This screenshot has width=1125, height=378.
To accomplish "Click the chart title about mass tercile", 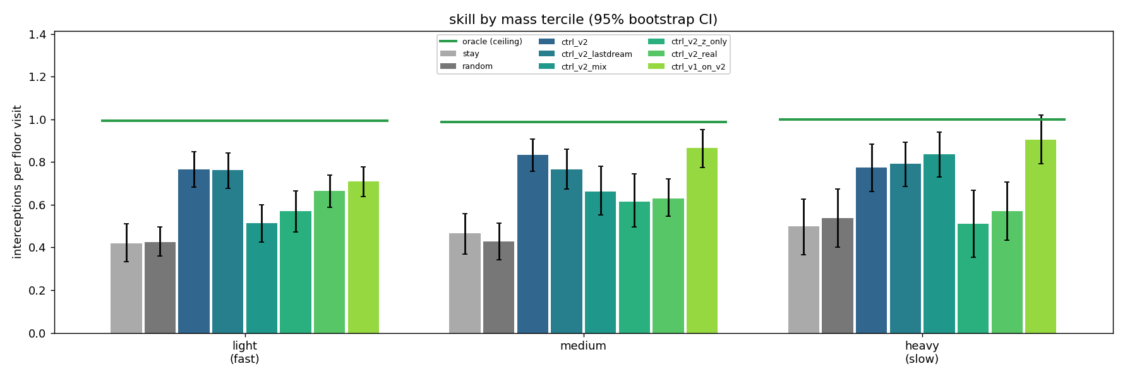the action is point(583,20).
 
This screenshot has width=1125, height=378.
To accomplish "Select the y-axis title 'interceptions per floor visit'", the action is point(17,182).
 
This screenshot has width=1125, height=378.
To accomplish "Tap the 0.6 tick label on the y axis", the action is point(37,205).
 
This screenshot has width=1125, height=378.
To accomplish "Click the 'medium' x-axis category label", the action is point(583,346).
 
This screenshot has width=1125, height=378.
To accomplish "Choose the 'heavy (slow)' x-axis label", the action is point(922,353).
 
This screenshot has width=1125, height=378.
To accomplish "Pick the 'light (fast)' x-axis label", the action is point(244,353).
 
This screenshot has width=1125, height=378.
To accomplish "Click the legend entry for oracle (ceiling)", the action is point(481,42).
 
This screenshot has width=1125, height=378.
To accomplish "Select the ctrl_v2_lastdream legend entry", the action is point(585,54).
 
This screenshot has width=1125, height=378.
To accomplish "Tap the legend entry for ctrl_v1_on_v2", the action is point(687,67).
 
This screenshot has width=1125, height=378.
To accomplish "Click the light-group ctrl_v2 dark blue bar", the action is point(194,252).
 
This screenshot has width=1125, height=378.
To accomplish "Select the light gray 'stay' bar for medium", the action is point(465,283).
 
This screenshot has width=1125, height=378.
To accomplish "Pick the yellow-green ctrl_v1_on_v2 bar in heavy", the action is point(1040,236).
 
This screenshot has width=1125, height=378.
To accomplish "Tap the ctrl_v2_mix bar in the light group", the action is point(262,278).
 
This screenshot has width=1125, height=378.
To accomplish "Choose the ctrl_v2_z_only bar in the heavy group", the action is point(973,279).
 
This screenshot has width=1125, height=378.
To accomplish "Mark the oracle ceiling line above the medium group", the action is point(584,122).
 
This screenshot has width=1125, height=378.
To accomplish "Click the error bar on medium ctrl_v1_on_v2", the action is point(702,149).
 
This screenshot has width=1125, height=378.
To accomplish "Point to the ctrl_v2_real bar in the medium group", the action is point(668,266).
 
